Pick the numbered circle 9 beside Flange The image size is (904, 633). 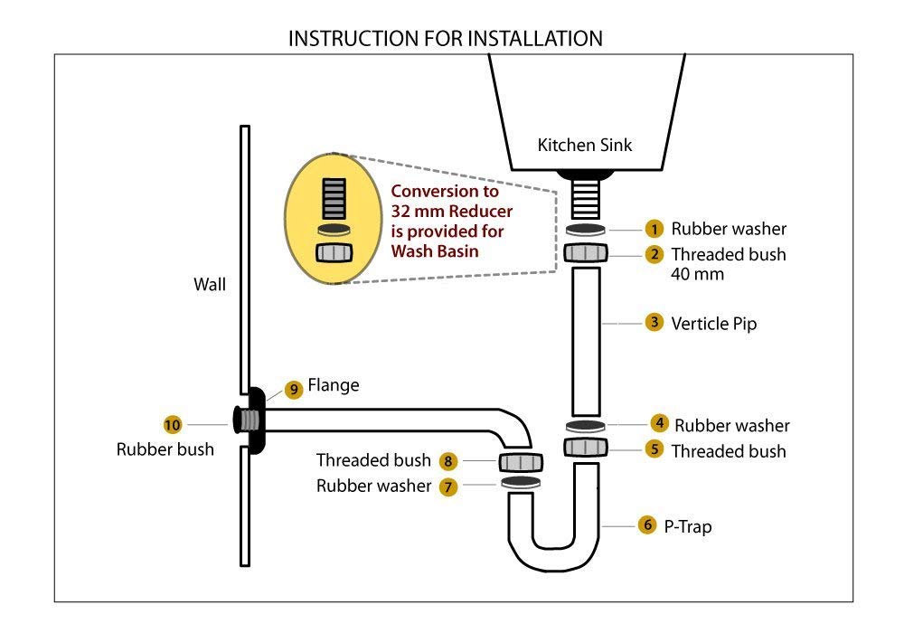tap(293, 389)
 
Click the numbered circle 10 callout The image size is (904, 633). tap(172, 424)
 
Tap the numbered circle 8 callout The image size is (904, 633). tap(449, 461)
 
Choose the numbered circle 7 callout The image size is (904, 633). tap(449, 487)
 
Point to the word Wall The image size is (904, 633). tap(210, 285)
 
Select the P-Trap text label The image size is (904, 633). tap(688, 525)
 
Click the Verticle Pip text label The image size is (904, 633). tap(713, 323)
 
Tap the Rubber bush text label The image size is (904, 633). tap(165, 449)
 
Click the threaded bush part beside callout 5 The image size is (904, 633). tap(586, 447)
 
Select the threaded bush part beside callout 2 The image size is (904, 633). tap(586, 253)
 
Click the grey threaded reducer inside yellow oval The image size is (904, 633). tap(334, 195)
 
